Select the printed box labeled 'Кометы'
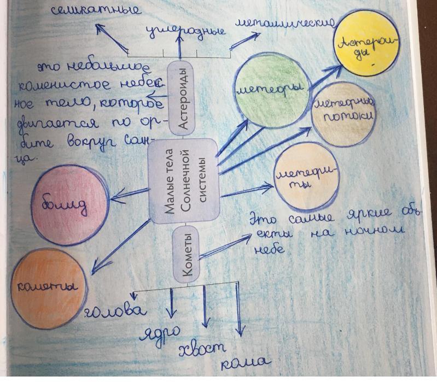pos(185,255)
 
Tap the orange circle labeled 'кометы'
pos(48,286)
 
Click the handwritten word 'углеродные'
pos(186,32)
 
